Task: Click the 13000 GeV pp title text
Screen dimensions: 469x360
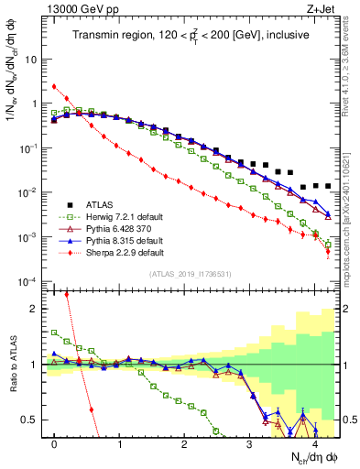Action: [82, 10]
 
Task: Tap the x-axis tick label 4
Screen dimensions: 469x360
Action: [314, 444]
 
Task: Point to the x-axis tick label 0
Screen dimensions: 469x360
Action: [55, 444]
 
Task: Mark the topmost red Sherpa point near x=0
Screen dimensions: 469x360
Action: [55, 87]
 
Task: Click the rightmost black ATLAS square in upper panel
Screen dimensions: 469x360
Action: [328, 186]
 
